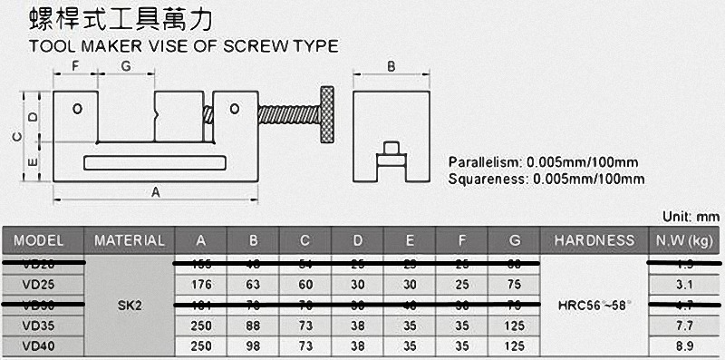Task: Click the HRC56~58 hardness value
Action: (x=594, y=305)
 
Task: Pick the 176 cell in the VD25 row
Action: (x=201, y=284)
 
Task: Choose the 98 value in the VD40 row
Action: (x=254, y=345)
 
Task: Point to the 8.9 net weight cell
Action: (x=684, y=345)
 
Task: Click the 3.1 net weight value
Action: (x=684, y=284)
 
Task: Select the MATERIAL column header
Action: (x=130, y=240)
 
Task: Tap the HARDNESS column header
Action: (x=594, y=240)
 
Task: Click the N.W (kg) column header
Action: (x=684, y=240)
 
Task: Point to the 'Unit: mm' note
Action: (x=691, y=218)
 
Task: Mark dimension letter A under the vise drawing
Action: (x=155, y=192)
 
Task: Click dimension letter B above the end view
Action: (x=391, y=66)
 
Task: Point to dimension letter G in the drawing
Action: (x=125, y=66)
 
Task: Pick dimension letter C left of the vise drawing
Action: (x=15, y=136)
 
